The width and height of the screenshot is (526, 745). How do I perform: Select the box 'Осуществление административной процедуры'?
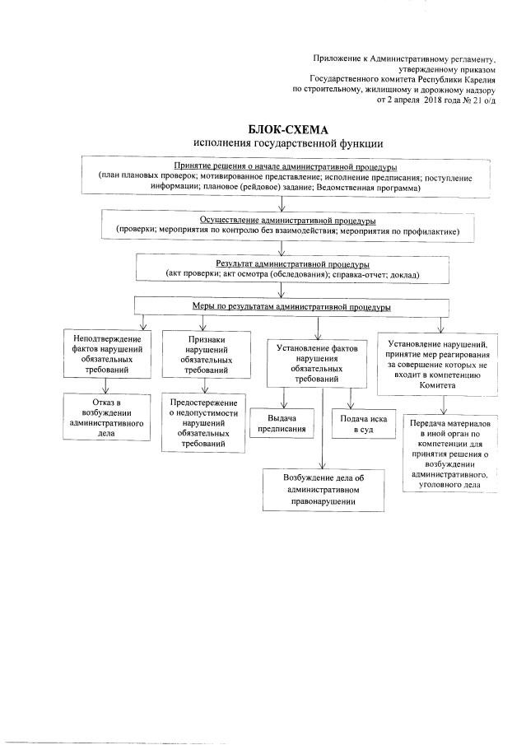pyautogui.click(x=282, y=226)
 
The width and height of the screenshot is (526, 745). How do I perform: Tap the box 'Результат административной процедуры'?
pyautogui.click(x=282, y=268)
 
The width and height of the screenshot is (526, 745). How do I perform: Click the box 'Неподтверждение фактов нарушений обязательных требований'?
pyautogui.click(x=106, y=353)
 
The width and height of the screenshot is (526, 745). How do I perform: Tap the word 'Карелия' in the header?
pyautogui.click(x=480, y=79)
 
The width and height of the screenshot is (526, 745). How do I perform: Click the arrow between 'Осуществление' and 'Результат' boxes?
pyautogui.click(x=282, y=246)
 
